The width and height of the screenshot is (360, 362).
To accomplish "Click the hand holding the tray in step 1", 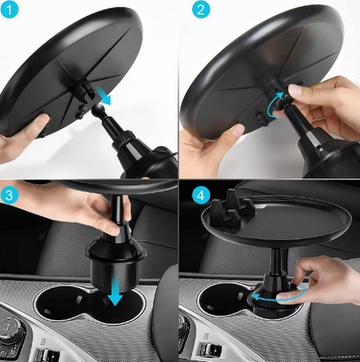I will coord(21,139).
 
